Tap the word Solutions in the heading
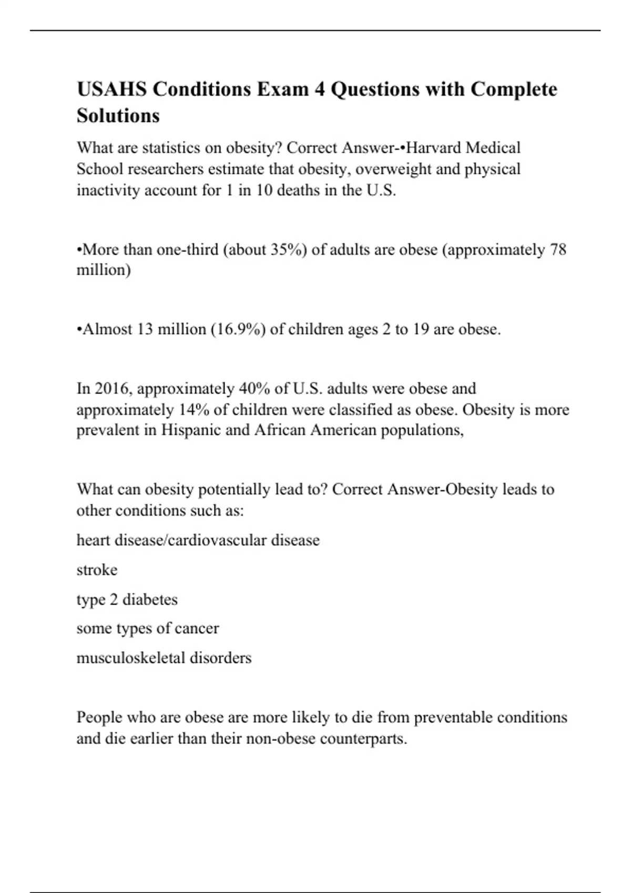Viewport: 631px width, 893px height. click(x=118, y=116)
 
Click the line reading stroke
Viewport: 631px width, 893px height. click(x=97, y=570)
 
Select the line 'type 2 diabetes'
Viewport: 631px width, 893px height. click(x=127, y=599)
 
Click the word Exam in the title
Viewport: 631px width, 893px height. click(x=282, y=89)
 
